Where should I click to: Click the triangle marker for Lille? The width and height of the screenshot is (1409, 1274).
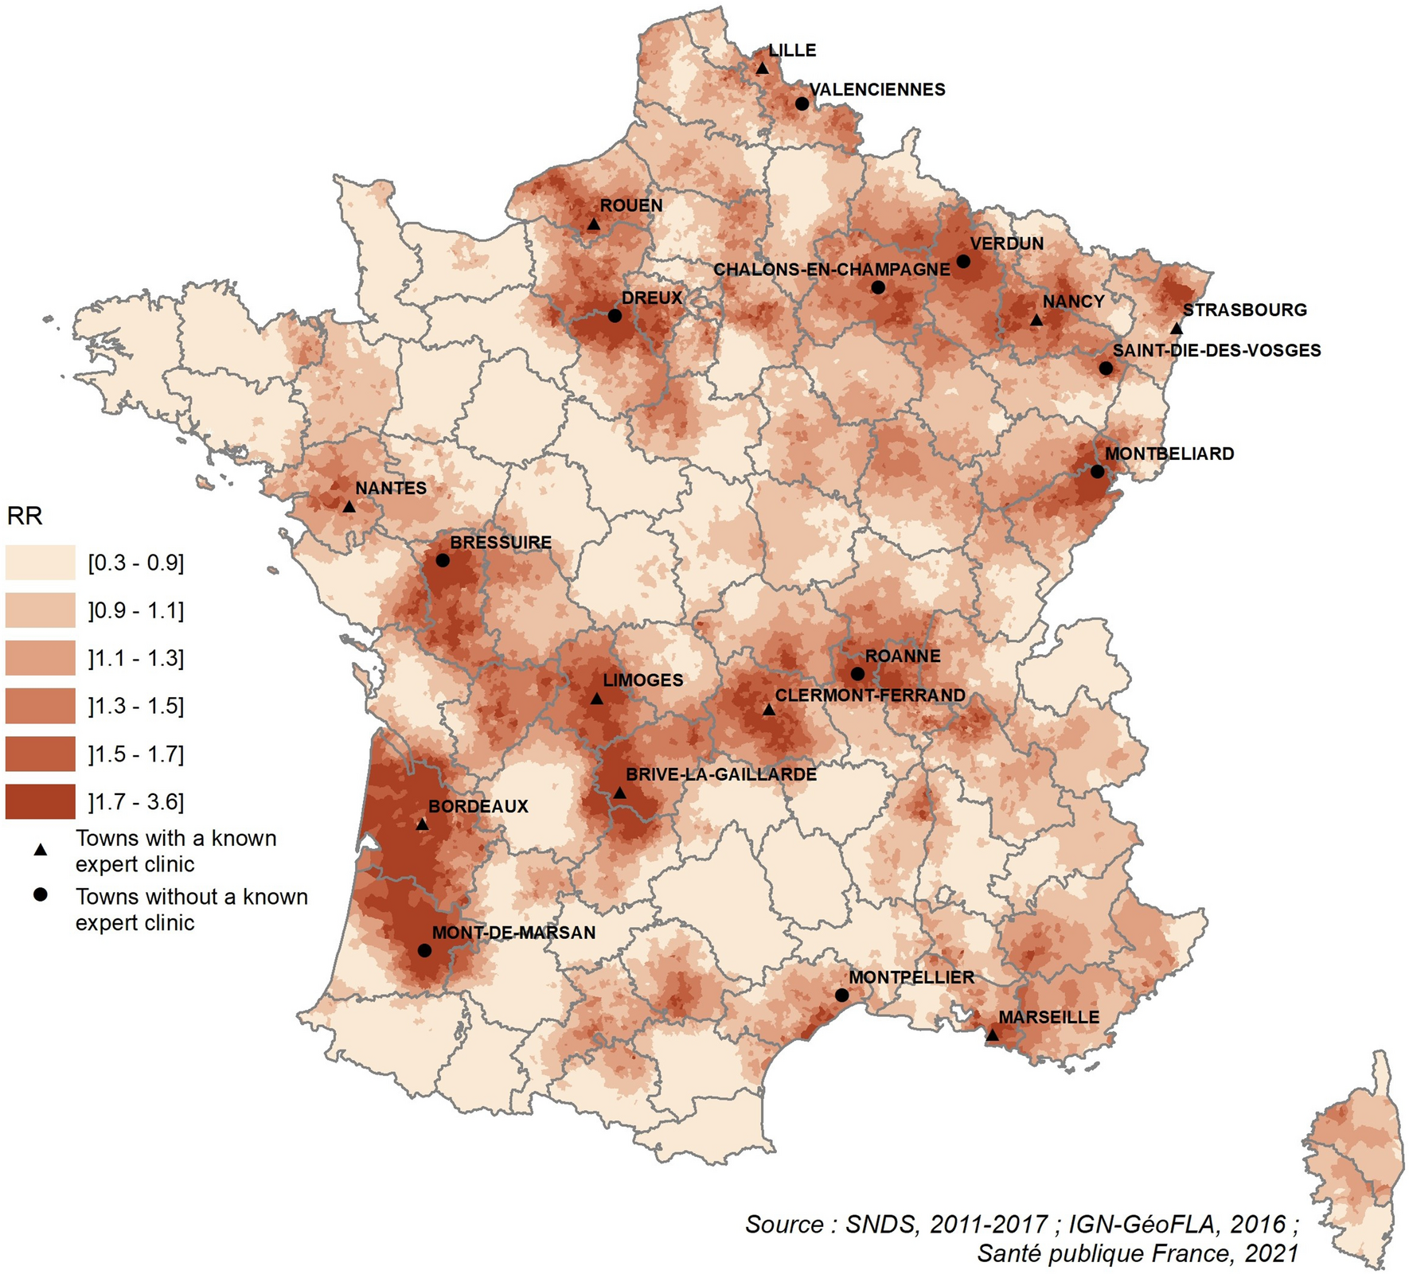pyautogui.click(x=762, y=69)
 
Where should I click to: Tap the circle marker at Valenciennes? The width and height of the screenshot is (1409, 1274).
pyautogui.click(x=802, y=104)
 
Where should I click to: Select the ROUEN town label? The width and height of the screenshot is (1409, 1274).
pyautogui.click(x=630, y=205)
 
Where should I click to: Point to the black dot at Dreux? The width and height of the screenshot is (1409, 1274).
pyautogui.click(x=615, y=316)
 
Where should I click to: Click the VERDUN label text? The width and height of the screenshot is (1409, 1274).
pyautogui.click(x=1006, y=244)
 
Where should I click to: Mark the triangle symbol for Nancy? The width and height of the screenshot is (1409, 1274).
pyautogui.click(x=1036, y=320)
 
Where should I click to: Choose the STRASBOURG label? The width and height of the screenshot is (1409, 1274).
pyautogui.click(x=1244, y=310)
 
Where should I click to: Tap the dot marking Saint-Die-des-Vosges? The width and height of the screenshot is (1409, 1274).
pyautogui.click(x=1106, y=368)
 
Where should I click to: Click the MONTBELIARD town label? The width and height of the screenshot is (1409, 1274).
pyautogui.click(x=1169, y=454)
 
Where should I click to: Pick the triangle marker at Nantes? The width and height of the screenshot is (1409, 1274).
pyautogui.click(x=349, y=506)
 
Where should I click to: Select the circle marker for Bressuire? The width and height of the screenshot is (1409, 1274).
pyautogui.click(x=443, y=560)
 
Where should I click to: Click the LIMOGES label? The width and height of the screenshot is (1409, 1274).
pyautogui.click(x=642, y=680)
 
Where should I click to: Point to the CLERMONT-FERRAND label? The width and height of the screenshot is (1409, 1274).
pyautogui.click(x=870, y=695)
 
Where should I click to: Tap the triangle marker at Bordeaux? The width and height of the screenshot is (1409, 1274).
pyautogui.click(x=423, y=825)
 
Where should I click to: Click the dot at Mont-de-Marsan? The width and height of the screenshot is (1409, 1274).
pyautogui.click(x=424, y=950)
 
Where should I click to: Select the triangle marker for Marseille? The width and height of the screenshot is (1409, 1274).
pyautogui.click(x=992, y=1035)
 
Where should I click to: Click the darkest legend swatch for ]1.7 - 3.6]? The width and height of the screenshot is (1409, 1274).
pyautogui.click(x=41, y=801)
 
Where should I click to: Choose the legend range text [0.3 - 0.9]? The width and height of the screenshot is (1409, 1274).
pyautogui.click(x=136, y=563)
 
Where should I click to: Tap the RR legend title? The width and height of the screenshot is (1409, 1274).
pyautogui.click(x=25, y=516)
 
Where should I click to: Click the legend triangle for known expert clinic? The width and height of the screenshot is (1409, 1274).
pyautogui.click(x=41, y=850)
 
